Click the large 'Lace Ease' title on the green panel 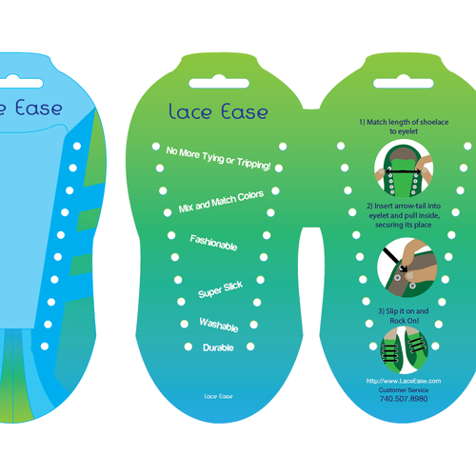coord(218,111)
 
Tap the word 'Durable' coord(218,347)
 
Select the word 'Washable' coord(219,325)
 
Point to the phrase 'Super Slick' coord(221,289)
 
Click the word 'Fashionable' coord(213,243)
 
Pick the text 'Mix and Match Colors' coord(221,202)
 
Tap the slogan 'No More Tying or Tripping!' coord(218,158)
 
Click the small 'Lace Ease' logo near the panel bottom coord(218,396)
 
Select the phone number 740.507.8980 coord(404,399)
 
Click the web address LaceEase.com coord(404,381)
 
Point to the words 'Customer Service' coord(404,390)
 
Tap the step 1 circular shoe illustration coord(404,169)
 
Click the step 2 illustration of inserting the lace coord(407,268)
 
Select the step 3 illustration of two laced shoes coord(404,349)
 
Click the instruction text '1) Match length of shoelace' coord(404,122)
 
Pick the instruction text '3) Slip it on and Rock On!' coord(404,316)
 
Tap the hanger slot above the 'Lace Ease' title coord(219,83)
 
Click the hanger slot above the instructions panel coord(404,83)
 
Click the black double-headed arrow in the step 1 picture coord(403,171)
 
